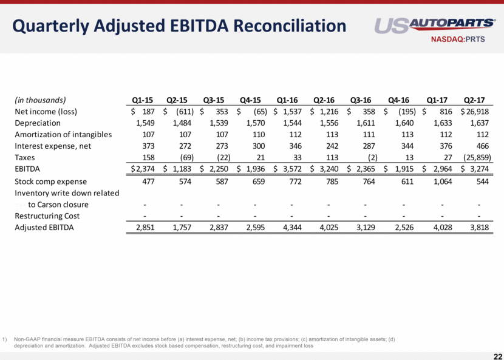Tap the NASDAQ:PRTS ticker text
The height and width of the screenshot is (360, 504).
click(461, 41)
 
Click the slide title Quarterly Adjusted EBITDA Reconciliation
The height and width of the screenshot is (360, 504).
click(179, 26)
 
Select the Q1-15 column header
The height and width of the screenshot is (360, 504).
click(142, 100)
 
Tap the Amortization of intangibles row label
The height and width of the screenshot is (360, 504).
click(63, 135)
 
